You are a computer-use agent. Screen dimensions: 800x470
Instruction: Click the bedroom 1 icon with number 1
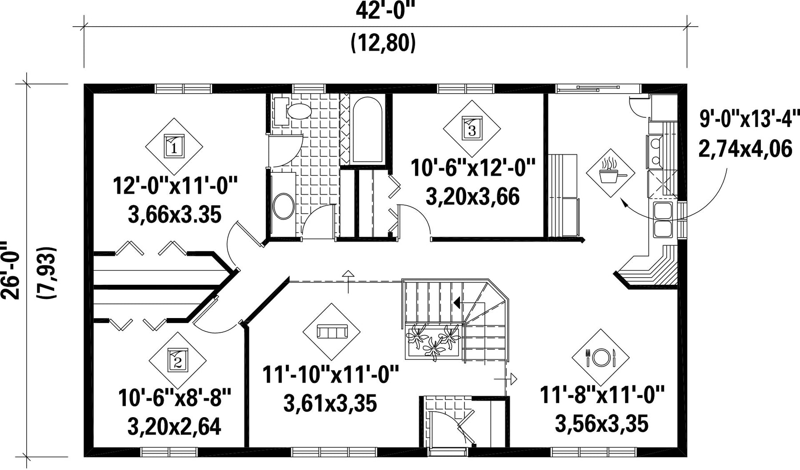pos(174,146)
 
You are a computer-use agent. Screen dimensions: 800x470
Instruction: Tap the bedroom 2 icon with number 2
pos(178,360)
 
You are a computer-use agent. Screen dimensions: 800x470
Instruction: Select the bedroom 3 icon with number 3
pos(472,128)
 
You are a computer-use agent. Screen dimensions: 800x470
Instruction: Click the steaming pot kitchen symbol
pos(614,172)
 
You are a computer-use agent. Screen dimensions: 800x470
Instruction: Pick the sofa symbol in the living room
pos(332,332)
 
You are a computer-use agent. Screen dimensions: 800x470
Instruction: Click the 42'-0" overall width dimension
pos(385,11)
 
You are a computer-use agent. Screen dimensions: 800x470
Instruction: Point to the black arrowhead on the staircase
pos(456,303)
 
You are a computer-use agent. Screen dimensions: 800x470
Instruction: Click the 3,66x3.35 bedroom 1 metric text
pos(174,215)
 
